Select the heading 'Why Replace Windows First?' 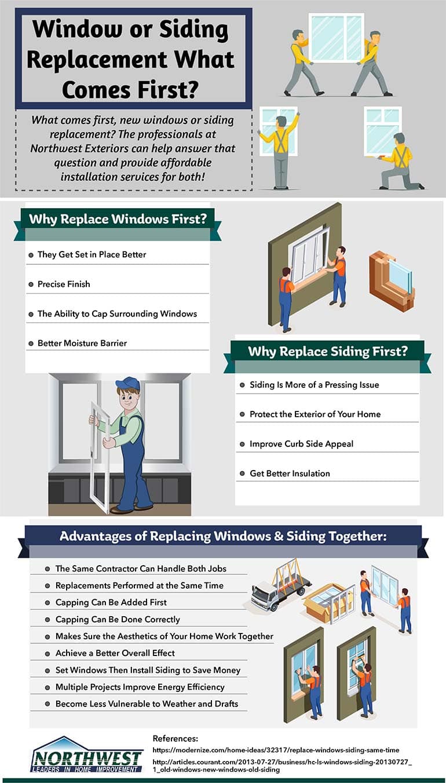[x=118, y=219]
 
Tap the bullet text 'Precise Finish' [x=64, y=284]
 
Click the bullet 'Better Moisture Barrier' [x=82, y=343]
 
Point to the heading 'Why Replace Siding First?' [x=328, y=351]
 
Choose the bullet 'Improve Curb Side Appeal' [x=301, y=444]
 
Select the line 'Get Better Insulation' [x=290, y=474]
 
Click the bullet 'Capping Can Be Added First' [x=111, y=602]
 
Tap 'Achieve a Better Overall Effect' [x=115, y=653]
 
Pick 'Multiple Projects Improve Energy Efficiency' [x=140, y=687]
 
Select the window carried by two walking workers [x=337, y=38]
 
